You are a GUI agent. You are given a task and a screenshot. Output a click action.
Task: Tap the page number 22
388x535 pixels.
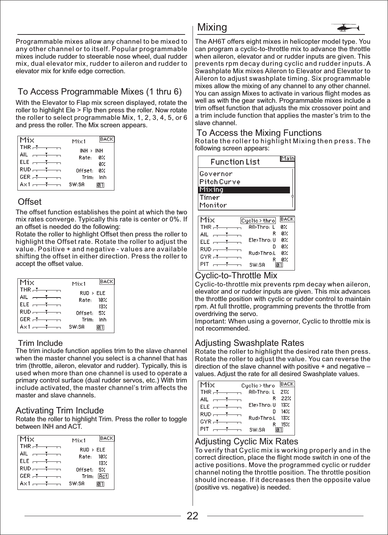(x=193, y=516)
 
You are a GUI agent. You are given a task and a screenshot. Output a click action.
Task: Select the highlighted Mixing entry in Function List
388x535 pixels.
(x=211, y=190)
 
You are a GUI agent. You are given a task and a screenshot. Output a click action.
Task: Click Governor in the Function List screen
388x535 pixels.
(x=216, y=174)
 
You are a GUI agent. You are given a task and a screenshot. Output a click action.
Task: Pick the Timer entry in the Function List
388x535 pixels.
(x=210, y=198)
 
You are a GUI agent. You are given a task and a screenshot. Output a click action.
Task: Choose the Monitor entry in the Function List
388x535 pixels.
(x=213, y=205)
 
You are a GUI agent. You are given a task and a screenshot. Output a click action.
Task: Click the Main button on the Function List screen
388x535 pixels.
(x=287, y=159)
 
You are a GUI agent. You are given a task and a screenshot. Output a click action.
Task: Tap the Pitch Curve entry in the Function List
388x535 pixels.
(x=220, y=182)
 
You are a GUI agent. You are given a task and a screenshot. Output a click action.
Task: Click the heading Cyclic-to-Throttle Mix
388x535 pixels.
(x=236, y=275)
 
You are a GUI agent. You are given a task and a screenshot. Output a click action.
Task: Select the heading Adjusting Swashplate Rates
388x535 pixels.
(x=249, y=343)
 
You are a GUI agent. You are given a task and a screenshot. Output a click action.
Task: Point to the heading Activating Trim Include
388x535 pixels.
(x=60, y=411)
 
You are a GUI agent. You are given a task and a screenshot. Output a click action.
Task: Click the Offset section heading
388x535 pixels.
(x=29, y=202)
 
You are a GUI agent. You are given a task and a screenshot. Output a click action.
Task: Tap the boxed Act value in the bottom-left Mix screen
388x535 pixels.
(x=103, y=476)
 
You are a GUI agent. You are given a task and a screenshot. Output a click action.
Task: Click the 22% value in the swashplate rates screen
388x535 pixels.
(x=286, y=398)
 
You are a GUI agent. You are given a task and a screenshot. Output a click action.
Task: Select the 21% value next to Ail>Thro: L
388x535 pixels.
(x=285, y=392)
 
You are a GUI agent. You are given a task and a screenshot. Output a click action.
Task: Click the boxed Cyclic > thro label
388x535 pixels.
(x=258, y=221)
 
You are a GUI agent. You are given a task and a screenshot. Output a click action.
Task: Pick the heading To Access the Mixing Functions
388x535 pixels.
(x=259, y=133)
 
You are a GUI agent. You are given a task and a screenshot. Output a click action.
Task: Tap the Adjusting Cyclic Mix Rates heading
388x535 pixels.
(x=247, y=442)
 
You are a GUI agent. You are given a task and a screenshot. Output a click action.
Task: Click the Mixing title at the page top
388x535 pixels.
(x=212, y=27)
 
